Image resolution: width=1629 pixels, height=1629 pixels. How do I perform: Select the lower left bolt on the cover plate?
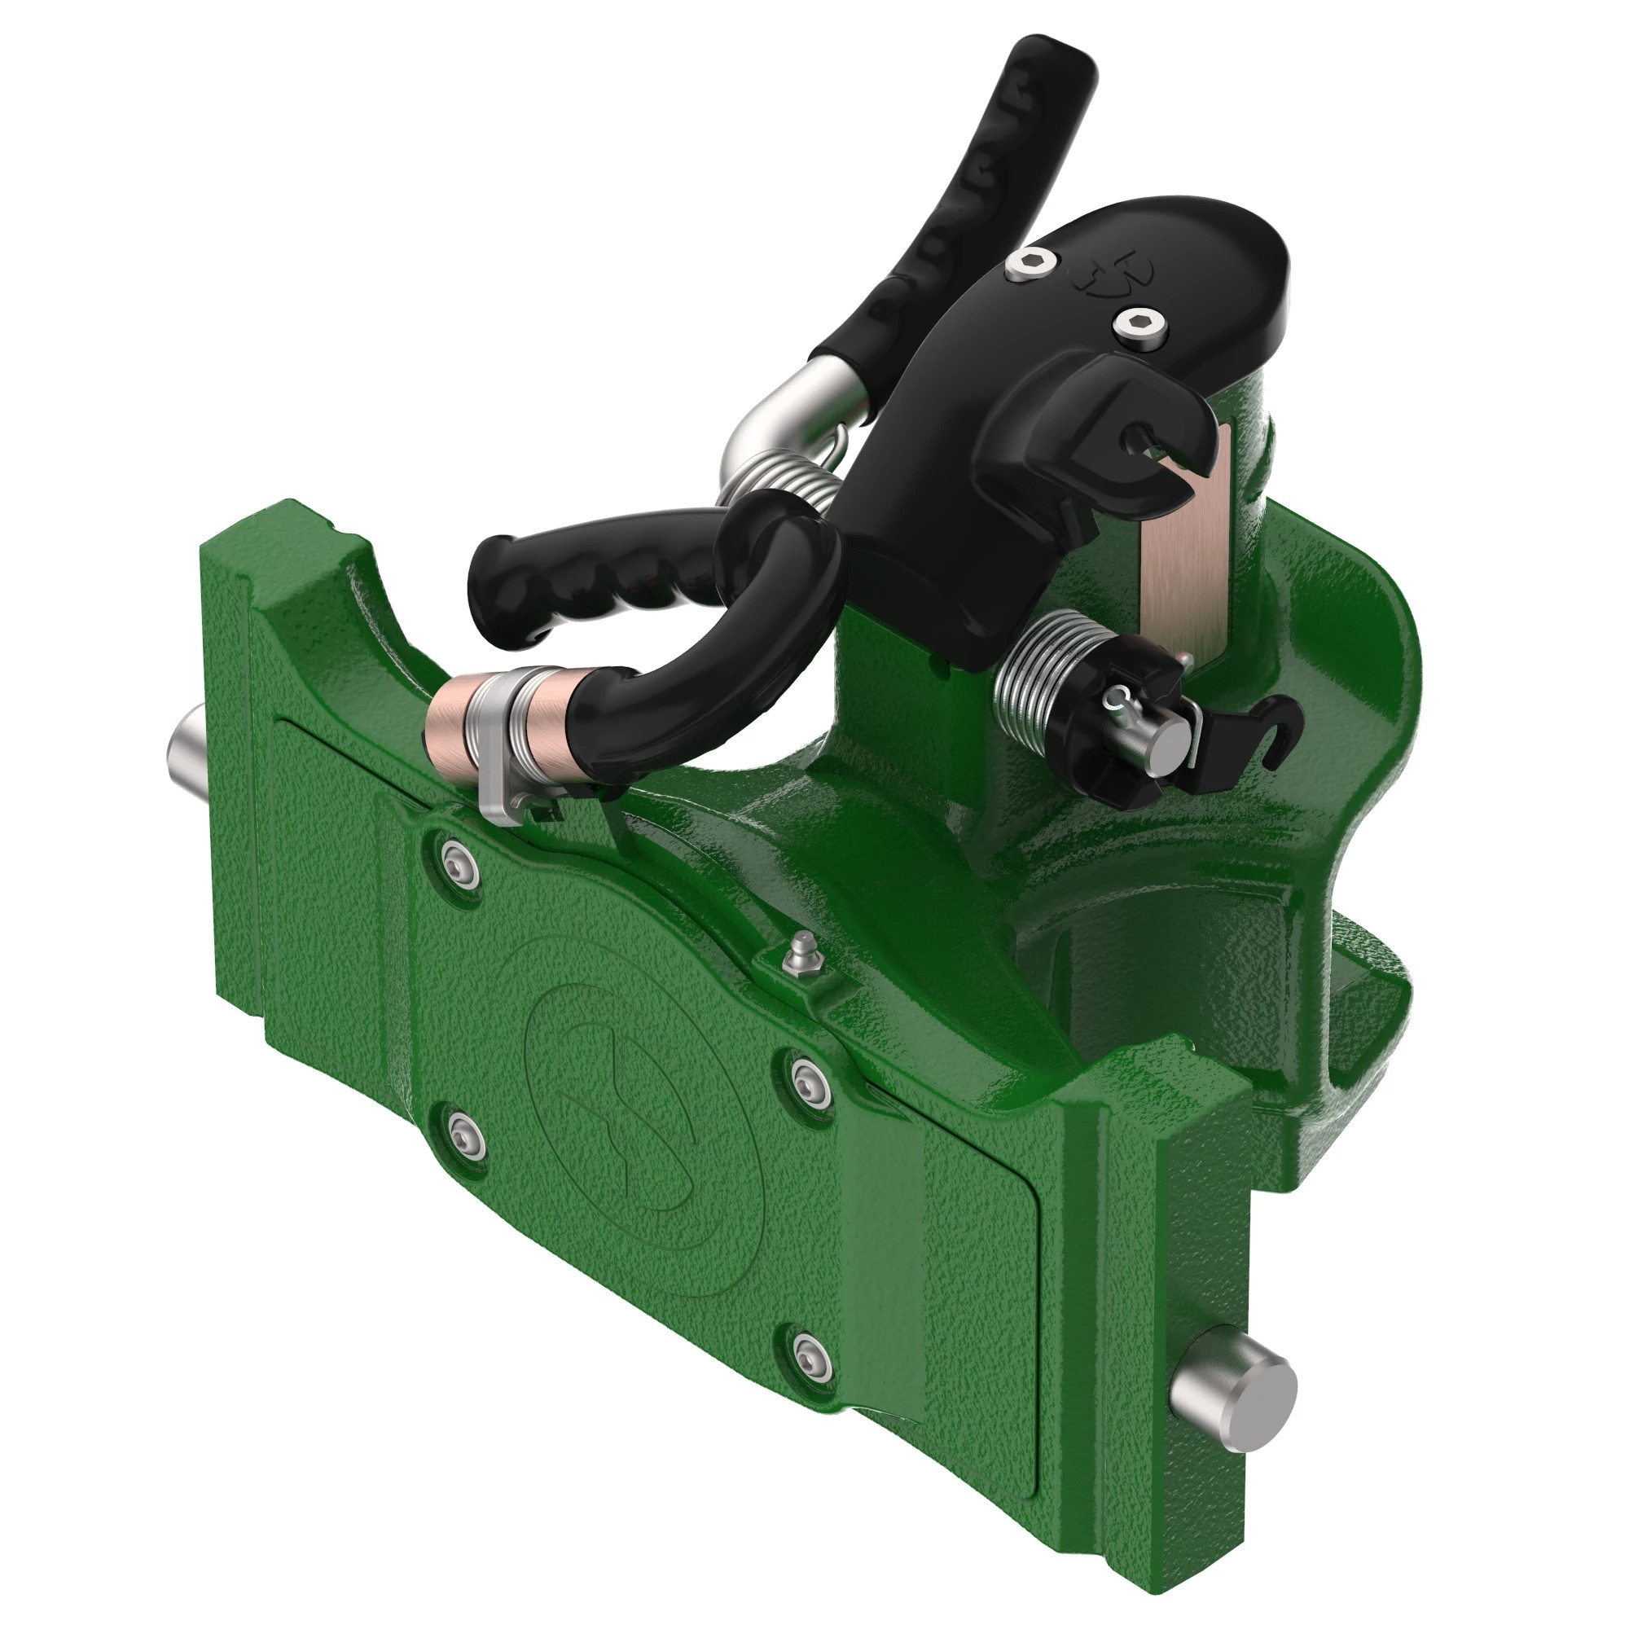tap(466, 1135)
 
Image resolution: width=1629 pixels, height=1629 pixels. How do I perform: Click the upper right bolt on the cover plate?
tap(812, 1076)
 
